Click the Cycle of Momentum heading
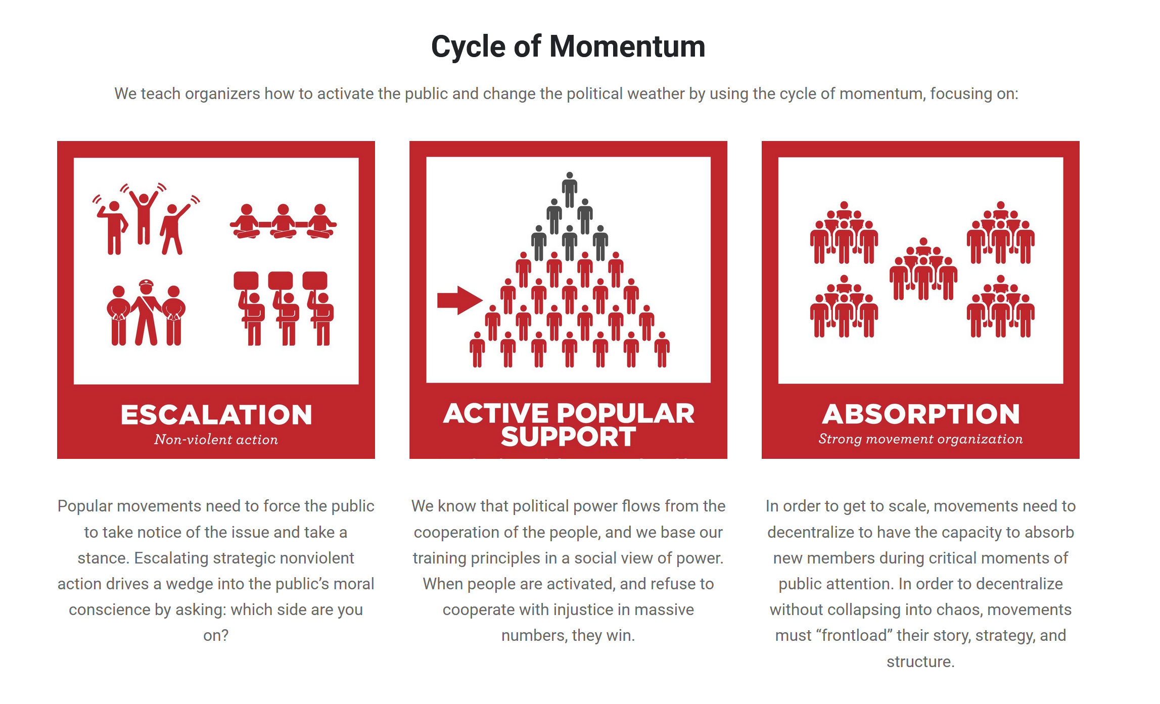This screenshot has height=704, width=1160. (x=568, y=46)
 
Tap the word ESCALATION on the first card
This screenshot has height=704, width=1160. (x=216, y=415)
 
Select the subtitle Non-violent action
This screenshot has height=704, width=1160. (x=216, y=440)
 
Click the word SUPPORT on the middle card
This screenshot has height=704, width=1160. (x=568, y=437)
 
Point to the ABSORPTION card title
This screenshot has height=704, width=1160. (x=921, y=414)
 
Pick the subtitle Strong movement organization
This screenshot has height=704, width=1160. (x=920, y=439)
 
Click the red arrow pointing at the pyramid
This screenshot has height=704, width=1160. (x=459, y=300)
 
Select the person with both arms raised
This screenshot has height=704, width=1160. (x=144, y=217)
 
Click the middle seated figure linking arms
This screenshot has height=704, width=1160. (x=283, y=221)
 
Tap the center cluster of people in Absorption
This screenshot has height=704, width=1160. (x=923, y=269)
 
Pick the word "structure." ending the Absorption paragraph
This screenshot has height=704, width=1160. (x=920, y=662)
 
